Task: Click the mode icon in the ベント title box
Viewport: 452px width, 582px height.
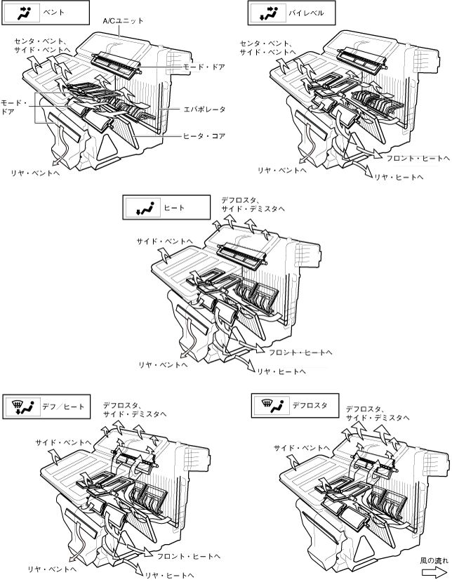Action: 23,12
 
